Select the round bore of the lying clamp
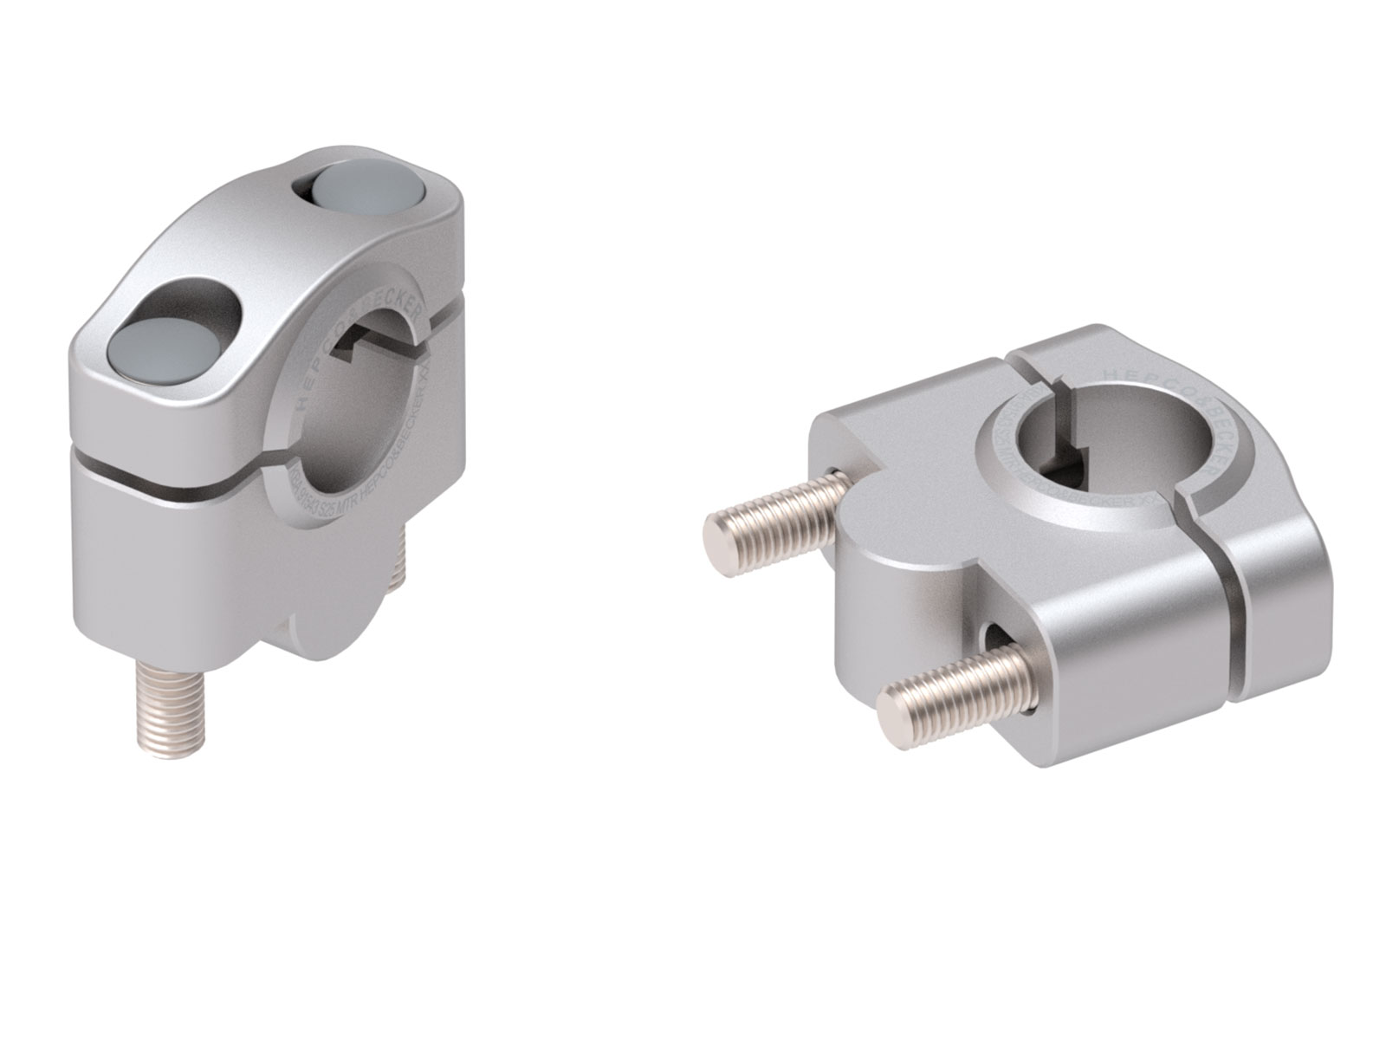1078,433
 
